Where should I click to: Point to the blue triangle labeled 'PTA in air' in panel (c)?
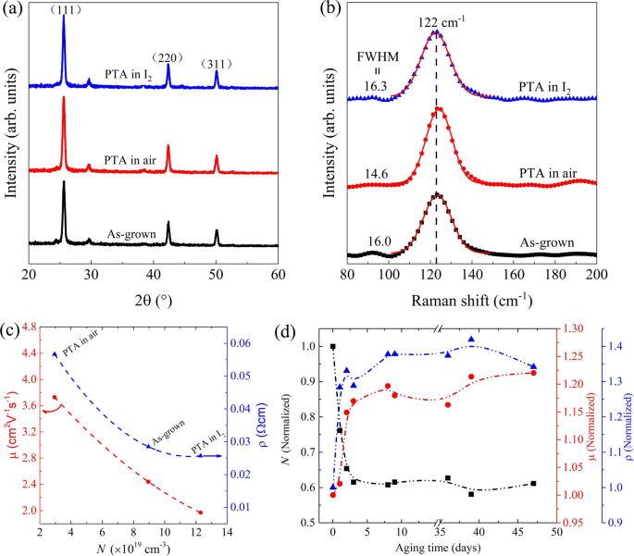(x=55, y=354)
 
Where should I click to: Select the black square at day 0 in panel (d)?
(x=332, y=346)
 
